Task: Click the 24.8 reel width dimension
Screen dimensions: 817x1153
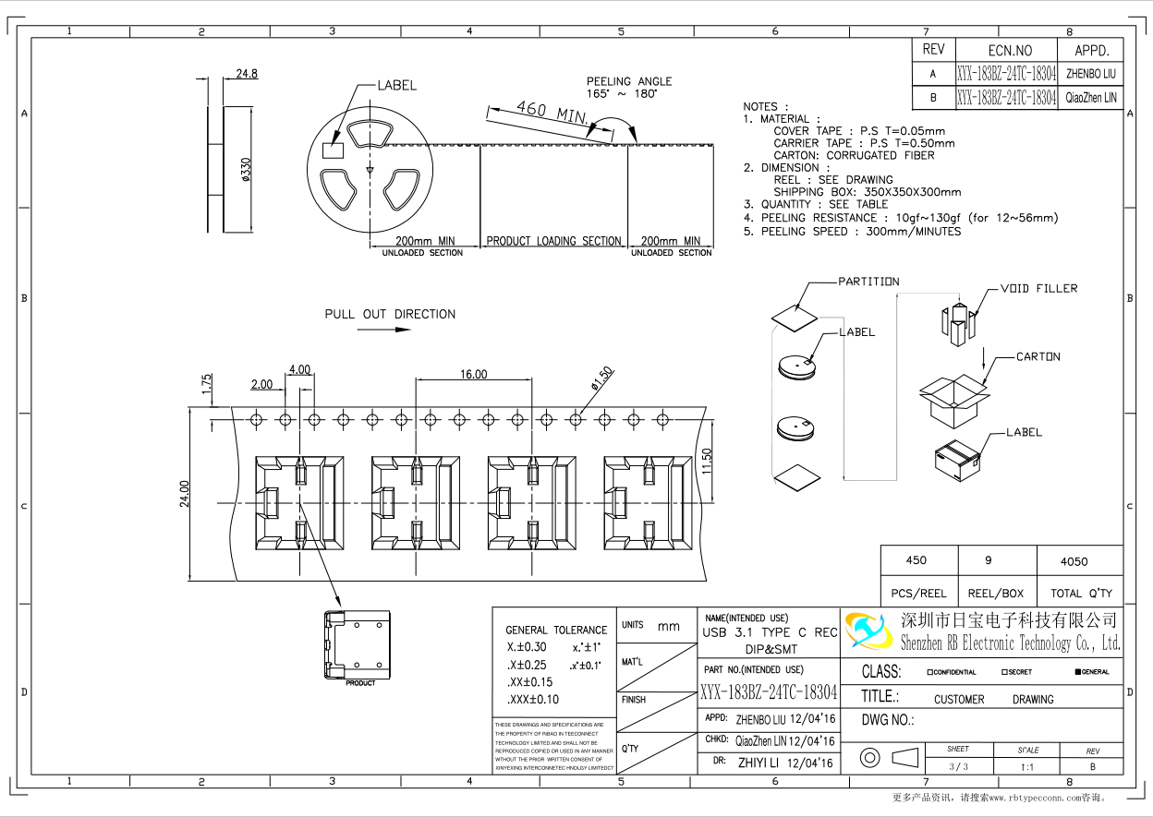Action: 247,74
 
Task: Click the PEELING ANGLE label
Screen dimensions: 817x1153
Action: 629,81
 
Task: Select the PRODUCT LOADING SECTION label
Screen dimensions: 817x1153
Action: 553,241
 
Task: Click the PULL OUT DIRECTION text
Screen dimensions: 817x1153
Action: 390,314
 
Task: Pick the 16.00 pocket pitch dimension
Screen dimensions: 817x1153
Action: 473,374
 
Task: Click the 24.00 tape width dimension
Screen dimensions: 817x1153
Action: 185,494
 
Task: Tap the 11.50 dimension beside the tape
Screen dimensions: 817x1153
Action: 707,461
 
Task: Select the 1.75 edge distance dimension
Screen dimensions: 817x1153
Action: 207,384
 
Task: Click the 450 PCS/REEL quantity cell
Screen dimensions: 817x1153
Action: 916,560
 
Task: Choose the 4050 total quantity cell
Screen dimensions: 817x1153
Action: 1074,561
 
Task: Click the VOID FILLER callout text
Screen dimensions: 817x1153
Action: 1038,289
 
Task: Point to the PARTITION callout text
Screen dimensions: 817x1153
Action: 868,282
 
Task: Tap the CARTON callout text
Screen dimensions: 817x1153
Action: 1038,356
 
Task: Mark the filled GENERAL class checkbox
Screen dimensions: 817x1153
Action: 1078,672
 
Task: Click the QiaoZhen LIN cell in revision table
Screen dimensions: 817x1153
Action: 1091,97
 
